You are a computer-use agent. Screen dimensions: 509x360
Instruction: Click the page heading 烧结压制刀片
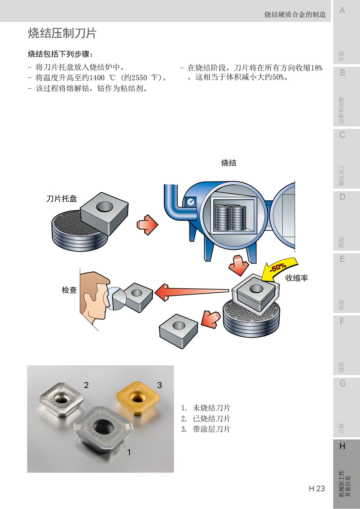pos(62,33)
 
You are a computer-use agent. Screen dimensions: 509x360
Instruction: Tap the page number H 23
pos(317,488)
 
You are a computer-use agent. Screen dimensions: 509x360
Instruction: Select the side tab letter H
pos(342,446)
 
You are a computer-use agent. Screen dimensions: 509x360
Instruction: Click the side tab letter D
pos(342,197)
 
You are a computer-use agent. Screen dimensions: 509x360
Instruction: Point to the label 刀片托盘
pos(61,199)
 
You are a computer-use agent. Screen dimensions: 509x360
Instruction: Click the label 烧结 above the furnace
pos(229,163)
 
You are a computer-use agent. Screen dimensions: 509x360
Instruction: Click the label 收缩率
pos(296,278)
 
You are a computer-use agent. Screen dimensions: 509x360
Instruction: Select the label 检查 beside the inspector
pos(69,290)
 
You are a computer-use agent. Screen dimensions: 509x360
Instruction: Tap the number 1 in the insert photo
pos(129,452)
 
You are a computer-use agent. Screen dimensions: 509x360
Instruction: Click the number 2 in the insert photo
pos(86,385)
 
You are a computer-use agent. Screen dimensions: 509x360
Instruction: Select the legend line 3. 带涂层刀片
pos(206,429)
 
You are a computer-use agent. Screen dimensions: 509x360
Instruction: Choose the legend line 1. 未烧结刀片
pos(206,408)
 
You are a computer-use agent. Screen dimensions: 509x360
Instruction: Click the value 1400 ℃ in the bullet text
pos(102,78)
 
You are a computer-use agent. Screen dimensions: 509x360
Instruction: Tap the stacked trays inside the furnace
pos(230,218)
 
